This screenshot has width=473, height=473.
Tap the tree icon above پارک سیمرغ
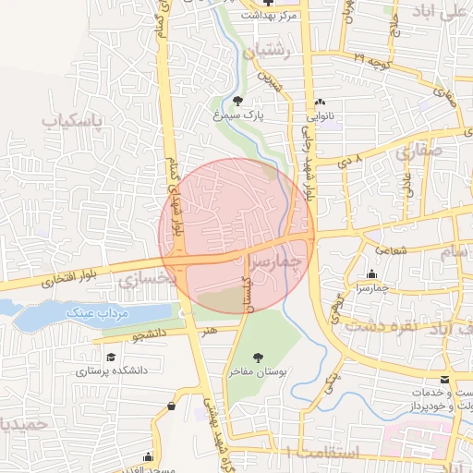point(239,101)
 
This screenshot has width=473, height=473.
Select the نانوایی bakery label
point(320,117)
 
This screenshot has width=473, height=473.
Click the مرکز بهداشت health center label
point(269,16)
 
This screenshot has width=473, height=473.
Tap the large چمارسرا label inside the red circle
point(276,262)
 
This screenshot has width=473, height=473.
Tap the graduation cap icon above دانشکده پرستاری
point(111,356)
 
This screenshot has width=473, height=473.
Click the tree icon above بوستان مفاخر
point(258,356)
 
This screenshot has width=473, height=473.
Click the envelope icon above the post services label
point(445,380)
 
